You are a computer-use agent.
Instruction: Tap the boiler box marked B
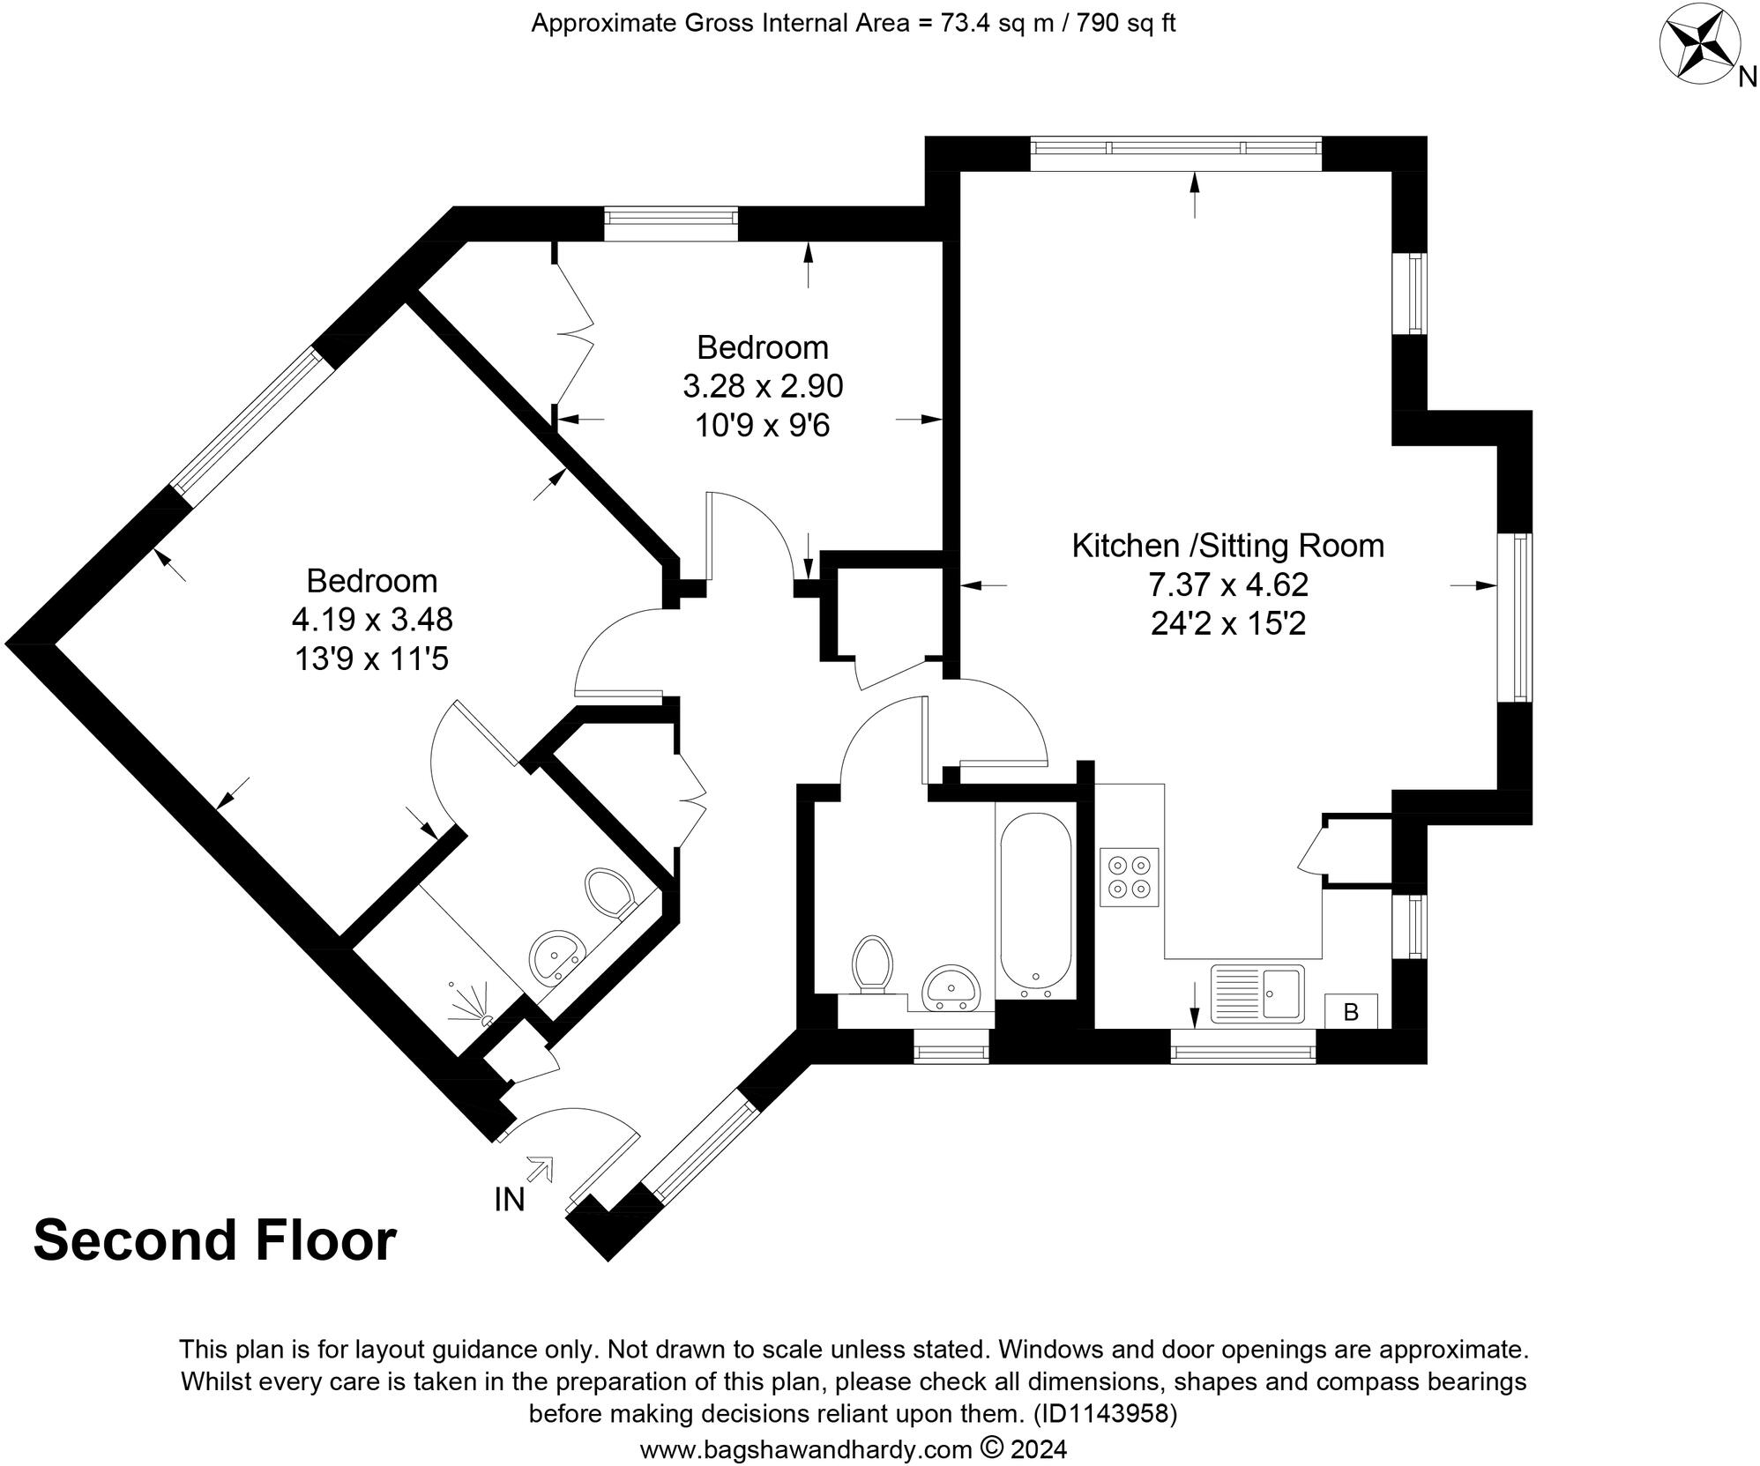pos(1350,1012)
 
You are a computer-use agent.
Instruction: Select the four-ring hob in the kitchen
pos(1129,876)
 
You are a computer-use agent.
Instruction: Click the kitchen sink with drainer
pos(1257,993)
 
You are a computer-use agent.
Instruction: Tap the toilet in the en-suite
pos(611,893)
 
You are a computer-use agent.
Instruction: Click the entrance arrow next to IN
pos(539,1169)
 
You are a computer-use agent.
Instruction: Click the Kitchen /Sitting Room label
pos(1227,546)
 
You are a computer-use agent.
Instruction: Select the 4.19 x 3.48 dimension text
pos(372,620)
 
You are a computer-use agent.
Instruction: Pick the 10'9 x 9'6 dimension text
pos(762,426)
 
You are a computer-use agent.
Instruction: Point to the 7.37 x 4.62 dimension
pos(1227,584)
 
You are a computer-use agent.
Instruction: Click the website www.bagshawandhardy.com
pos(806,1449)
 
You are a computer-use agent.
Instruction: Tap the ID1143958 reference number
pos(1105,1414)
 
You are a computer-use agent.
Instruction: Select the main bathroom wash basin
pos(950,986)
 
